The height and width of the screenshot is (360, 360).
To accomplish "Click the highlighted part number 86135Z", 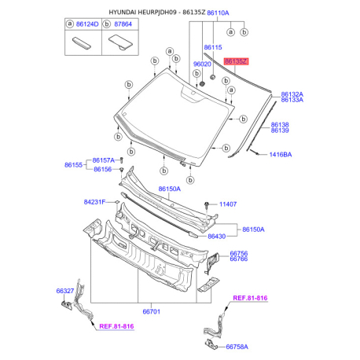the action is [236, 61].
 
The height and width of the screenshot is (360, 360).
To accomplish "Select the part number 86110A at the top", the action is [218, 13].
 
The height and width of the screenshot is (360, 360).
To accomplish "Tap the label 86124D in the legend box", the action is [87, 24].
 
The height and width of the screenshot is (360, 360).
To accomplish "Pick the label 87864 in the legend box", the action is [123, 24].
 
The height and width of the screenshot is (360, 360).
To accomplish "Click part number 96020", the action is [202, 64].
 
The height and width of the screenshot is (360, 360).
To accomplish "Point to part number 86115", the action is [213, 47].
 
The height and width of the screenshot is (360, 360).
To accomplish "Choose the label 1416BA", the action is [281, 155].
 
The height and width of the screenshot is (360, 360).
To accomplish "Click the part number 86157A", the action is [104, 160].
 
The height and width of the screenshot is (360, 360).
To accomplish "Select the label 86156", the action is [103, 169].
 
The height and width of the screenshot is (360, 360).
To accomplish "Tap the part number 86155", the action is [73, 165].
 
